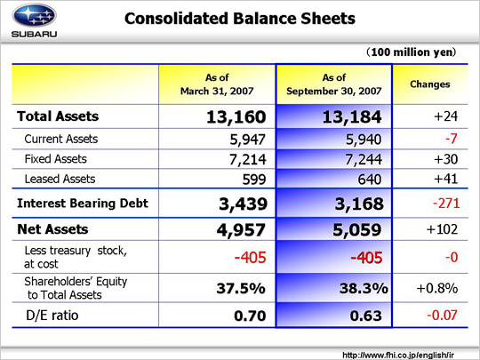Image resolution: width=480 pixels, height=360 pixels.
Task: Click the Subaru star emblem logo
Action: tap(34, 15)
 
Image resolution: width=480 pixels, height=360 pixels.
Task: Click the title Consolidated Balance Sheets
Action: tap(240, 19)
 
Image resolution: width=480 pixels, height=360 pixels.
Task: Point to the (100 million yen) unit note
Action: tap(412, 52)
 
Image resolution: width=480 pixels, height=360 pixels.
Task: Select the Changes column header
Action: tap(430, 84)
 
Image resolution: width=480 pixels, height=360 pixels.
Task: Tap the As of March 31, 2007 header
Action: tap(217, 84)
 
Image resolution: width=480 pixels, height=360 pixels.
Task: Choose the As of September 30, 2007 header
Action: tap(334, 84)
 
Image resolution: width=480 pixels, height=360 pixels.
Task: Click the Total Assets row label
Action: tap(58, 116)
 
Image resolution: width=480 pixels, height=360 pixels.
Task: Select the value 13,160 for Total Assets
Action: tap(236, 117)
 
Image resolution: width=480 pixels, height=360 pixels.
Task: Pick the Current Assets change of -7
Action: tap(452, 139)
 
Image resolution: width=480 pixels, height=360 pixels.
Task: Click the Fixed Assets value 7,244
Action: tap(364, 159)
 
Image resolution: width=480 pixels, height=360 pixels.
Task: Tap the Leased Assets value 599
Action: tap(254, 180)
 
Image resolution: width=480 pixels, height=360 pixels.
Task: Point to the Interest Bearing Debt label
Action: tap(83, 204)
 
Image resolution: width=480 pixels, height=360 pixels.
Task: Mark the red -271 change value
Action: tap(446, 204)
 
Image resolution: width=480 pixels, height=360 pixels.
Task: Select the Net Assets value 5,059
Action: tap(357, 230)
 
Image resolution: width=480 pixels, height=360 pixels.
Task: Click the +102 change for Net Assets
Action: tap(442, 229)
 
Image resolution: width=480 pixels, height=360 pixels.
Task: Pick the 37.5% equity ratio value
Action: tap(241, 288)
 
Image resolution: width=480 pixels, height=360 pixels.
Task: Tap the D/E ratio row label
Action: tap(52, 316)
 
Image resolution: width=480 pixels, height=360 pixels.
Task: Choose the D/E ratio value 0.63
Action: tap(366, 316)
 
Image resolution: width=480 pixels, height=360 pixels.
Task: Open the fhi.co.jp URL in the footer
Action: tap(398, 355)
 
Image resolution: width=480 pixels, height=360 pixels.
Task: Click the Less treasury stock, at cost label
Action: tap(76, 257)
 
